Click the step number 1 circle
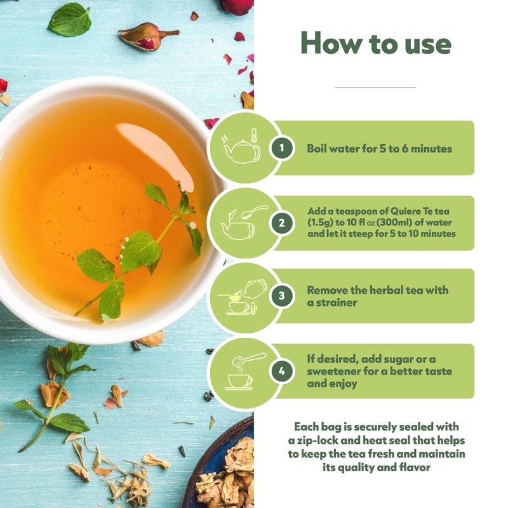(x=281, y=148)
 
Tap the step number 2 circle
(x=281, y=223)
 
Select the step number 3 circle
(x=281, y=295)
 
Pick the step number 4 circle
(x=281, y=371)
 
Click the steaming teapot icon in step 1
(x=242, y=149)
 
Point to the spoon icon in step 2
(x=255, y=211)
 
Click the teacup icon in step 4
(x=239, y=382)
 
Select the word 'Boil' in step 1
(x=317, y=149)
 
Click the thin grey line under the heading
(x=376, y=87)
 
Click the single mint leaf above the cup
(x=70, y=20)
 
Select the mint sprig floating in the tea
(x=139, y=250)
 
